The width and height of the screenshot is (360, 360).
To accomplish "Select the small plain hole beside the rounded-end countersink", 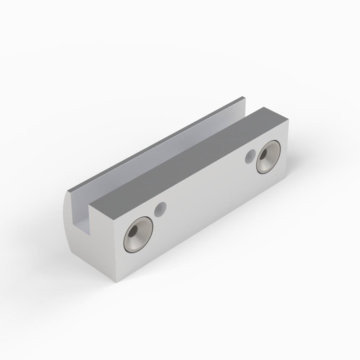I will (160, 209).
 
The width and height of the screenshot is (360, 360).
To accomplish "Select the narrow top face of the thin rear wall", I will (158, 144).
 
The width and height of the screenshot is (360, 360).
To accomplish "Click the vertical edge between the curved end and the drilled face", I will (116, 252).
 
